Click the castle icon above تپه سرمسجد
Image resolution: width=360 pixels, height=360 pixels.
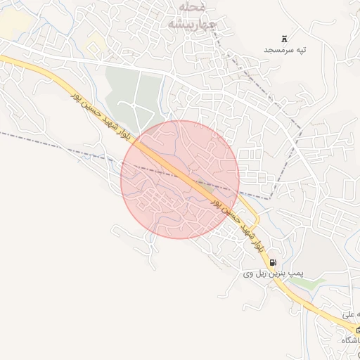(x=285, y=38)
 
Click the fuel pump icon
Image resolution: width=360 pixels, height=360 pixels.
(x=273, y=262)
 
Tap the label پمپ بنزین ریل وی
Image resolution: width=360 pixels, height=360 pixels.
(x=267, y=273)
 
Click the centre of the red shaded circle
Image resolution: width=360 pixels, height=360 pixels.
(x=180, y=179)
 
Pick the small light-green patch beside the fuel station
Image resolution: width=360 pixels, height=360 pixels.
(x=314, y=283)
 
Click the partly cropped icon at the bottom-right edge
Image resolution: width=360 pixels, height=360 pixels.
(x=357, y=329)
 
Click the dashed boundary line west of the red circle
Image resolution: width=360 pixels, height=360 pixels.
(x=56, y=143)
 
